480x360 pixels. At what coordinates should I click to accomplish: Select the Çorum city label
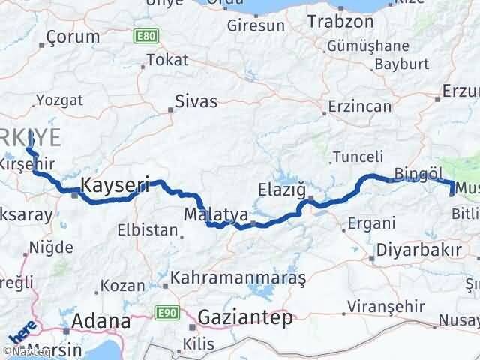73,37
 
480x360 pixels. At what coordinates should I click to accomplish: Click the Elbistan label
147,230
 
